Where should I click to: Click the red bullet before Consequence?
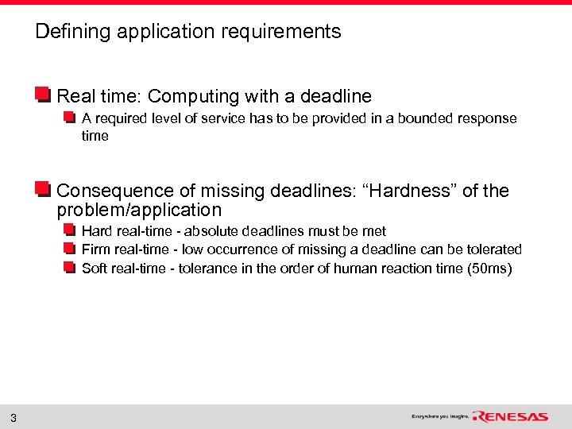[x=44, y=190]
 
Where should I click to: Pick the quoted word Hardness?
[x=408, y=191]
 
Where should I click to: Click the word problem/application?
[x=139, y=211]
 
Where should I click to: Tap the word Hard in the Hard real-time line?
[x=96, y=231]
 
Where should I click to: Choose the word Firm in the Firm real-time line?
[x=96, y=249]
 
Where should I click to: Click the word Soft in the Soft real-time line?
[x=95, y=269]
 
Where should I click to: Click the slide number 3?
[x=14, y=418]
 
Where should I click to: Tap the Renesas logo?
[x=510, y=416]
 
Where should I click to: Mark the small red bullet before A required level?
[x=70, y=118]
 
